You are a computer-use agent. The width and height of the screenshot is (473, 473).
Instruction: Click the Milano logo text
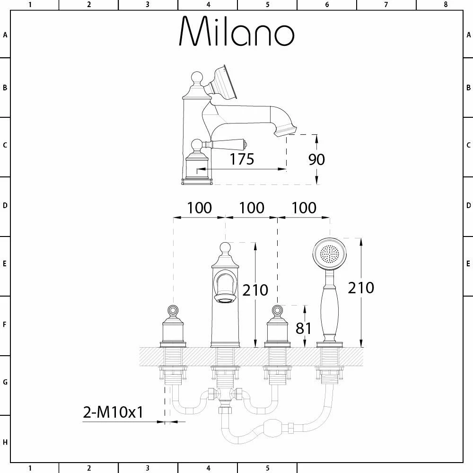click(236, 31)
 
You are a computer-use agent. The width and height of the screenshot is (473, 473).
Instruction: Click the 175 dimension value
click(242, 159)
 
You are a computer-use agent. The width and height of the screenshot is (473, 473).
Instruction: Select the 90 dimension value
click(316, 159)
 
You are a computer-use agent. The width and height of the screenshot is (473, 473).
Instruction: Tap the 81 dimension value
click(303, 328)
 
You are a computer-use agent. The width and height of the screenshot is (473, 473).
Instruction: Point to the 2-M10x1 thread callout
click(113, 412)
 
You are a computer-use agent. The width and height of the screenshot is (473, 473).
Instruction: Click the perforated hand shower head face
click(329, 253)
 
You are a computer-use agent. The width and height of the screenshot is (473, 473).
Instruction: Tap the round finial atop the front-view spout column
click(225, 248)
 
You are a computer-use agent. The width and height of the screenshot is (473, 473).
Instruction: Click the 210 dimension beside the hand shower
click(361, 288)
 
